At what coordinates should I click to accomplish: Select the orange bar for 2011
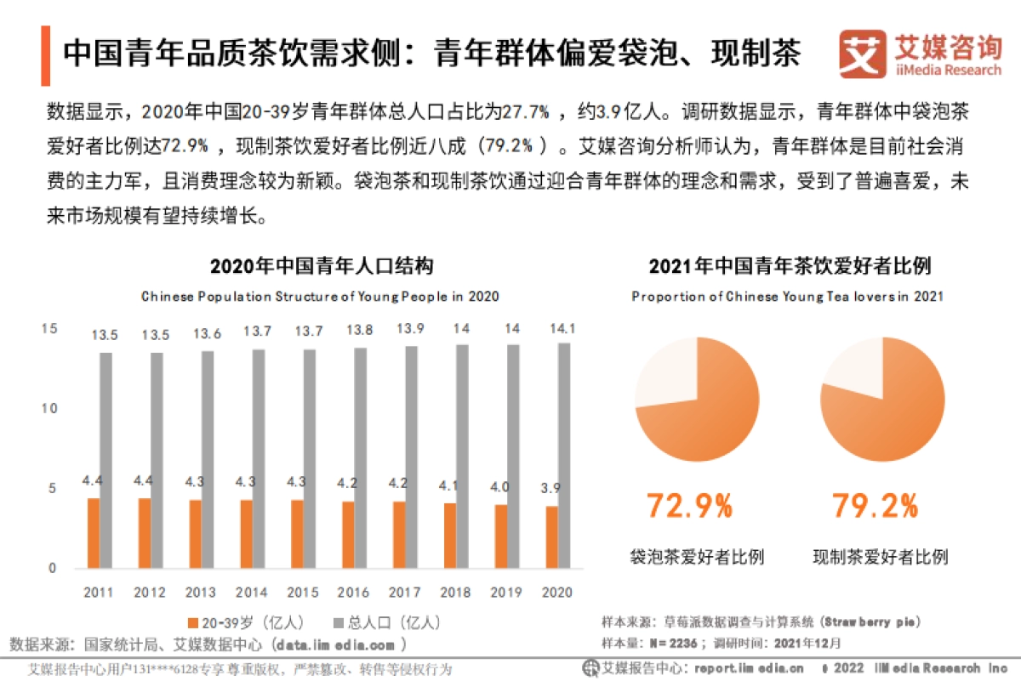coord(94,533)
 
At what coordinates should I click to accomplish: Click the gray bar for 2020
coord(565,456)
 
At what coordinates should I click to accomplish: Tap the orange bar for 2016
coord(349,535)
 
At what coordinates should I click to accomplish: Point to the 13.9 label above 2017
coord(411,329)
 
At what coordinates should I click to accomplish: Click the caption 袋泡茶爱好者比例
coord(696,558)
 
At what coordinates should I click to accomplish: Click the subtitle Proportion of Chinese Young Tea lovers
coord(787,297)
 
